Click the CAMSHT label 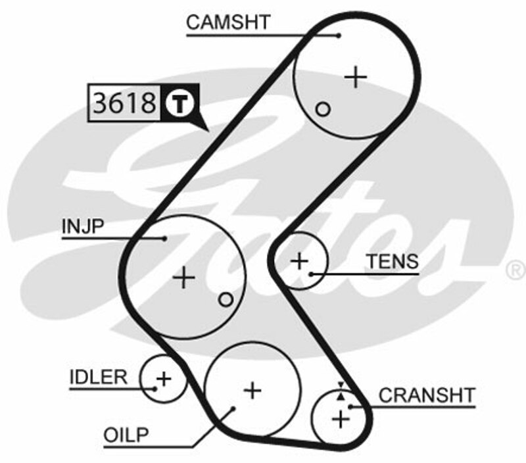coord(227,22)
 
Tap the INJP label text coord(84,227)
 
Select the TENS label coord(392,261)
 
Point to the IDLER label coord(98,377)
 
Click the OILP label coord(126,434)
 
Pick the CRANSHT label coord(427,395)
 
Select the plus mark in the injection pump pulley coord(184,278)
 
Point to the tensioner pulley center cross coord(299,261)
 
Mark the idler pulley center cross coord(163,378)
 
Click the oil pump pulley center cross coord(252,390)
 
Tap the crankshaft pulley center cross coord(340,418)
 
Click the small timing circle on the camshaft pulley coord(322,109)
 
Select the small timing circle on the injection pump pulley coord(226,300)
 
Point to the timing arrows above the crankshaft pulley coord(340,392)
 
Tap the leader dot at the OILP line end coord(233,408)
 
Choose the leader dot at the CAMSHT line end coord(339,35)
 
